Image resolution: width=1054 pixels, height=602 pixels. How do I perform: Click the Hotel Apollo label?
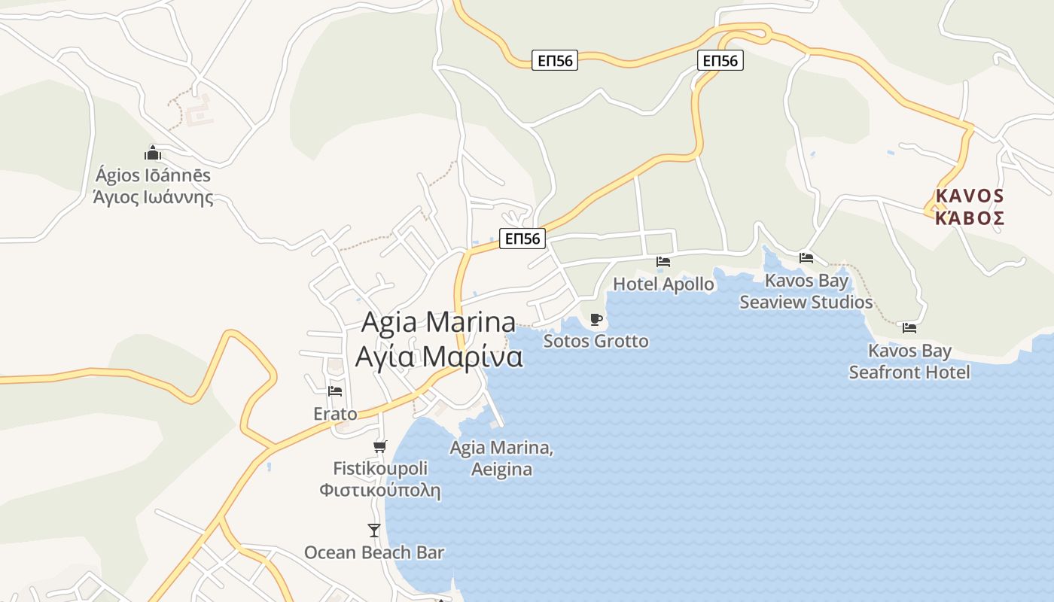coord(663,284)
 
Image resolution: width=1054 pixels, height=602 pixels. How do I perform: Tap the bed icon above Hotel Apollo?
coord(663,262)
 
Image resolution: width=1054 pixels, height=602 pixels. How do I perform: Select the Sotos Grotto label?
coord(596,342)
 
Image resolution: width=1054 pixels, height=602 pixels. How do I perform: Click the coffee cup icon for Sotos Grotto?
coord(596,319)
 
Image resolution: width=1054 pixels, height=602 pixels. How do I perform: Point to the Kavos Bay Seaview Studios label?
coord(806,291)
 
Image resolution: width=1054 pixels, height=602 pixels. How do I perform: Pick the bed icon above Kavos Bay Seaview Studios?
coord(806,257)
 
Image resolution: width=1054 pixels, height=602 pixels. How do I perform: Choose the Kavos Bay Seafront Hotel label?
coord(909,361)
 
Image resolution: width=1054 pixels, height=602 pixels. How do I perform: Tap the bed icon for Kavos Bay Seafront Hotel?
coord(909,327)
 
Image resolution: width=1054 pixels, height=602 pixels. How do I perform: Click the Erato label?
coord(335,414)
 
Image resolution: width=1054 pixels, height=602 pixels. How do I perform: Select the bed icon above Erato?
coord(335,391)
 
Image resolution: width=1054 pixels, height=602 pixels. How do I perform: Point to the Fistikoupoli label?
coord(380,479)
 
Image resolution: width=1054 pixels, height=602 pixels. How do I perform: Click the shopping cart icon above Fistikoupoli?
coord(380,446)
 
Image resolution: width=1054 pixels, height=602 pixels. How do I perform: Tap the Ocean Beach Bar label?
coord(374,552)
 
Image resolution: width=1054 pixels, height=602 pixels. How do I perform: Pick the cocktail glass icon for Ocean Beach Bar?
coord(374,531)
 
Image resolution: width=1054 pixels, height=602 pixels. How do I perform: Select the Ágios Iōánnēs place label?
coord(153,187)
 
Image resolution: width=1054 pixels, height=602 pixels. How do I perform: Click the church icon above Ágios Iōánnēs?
coord(153,154)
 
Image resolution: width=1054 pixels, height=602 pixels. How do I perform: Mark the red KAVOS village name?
coord(970,207)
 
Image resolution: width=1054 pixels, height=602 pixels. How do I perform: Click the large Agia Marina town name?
coord(439,339)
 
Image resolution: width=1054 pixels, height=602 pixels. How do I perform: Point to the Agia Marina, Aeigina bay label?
coord(501,458)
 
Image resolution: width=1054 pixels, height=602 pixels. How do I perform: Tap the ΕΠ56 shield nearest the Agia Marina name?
coord(522,239)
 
